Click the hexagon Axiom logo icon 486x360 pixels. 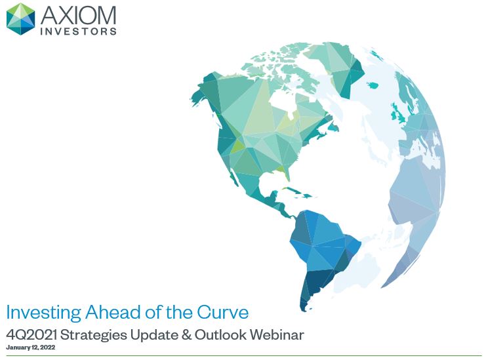21,19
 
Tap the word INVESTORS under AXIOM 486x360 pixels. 79,31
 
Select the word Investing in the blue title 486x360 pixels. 44,313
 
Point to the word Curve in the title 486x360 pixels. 222,312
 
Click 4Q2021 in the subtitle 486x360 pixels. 31,335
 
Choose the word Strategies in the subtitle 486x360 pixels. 94,336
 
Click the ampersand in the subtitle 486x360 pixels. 186,335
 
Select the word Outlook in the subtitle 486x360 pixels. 220,335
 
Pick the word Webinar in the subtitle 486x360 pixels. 277,335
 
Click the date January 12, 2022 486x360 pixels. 30,348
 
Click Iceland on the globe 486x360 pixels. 373,85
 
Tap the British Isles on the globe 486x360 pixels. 398,113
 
